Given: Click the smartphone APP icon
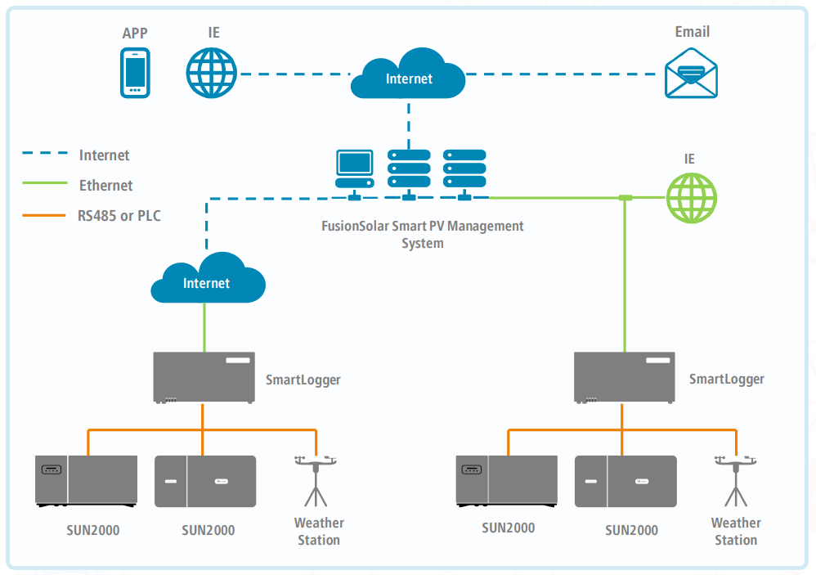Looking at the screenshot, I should click(x=135, y=74).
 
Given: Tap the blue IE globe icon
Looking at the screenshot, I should click(x=211, y=74).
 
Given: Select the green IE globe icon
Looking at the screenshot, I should click(x=692, y=198).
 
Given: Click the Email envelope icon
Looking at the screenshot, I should click(x=691, y=74).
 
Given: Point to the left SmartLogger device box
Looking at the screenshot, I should click(x=204, y=377).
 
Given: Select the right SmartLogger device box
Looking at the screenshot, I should click(x=625, y=377).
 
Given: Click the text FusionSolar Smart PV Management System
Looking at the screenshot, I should click(x=422, y=235).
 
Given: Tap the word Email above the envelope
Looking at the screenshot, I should click(x=692, y=32).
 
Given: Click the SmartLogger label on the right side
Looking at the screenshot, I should click(x=726, y=379).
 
